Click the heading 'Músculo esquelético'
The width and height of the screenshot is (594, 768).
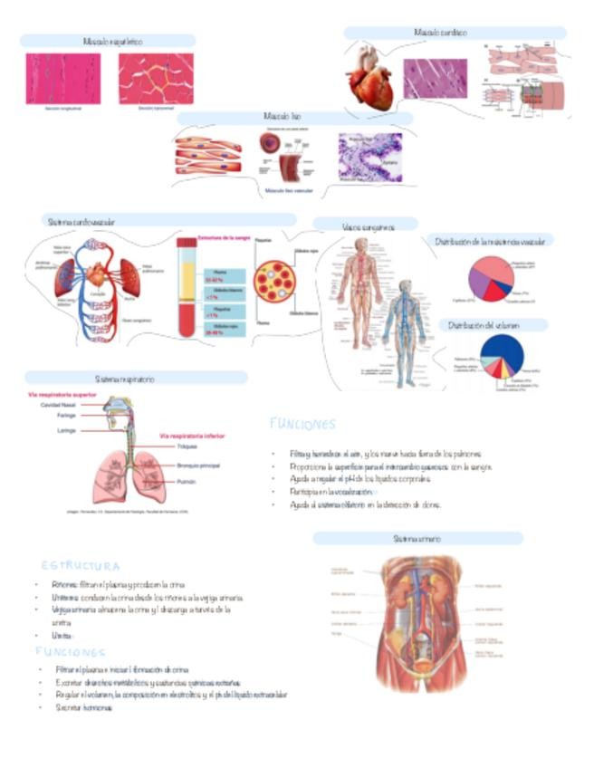pyautogui.click(x=112, y=42)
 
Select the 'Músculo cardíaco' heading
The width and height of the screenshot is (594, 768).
pyautogui.click(x=441, y=33)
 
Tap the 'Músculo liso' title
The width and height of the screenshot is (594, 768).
pyautogui.click(x=276, y=117)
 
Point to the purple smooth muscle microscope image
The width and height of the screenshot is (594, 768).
pyautogui.click(x=369, y=158)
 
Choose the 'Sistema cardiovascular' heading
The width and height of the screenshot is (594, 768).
pyautogui.click(x=81, y=220)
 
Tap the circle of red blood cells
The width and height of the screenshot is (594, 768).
pyautogui.click(x=273, y=282)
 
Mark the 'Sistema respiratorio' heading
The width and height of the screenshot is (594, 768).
pyautogui.click(x=125, y=378)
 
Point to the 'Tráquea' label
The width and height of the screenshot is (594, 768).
pyautogui.click(x=187, y=446)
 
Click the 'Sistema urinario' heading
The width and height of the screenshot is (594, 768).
pyautogui.click(x=417, y=538)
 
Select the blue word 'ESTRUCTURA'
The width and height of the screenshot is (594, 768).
pyautogui.click(x=81, y=566)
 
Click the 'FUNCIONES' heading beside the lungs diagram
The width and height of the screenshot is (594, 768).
pyautogui.click(x=302, y=424)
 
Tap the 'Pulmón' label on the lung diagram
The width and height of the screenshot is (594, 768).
pyautogui.click(x=187, y=481)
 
